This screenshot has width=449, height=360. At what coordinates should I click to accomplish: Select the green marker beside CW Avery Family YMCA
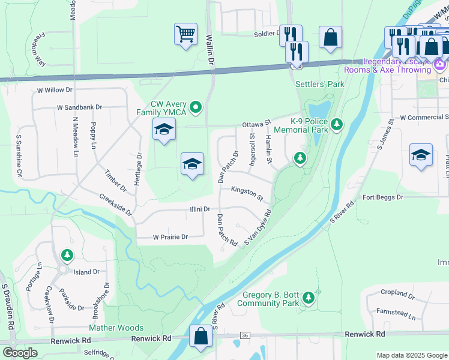coord(195,108)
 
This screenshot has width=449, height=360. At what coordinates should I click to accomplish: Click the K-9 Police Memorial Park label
coord(300,125)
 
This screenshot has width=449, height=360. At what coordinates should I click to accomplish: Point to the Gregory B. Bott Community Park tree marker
coord(309,298)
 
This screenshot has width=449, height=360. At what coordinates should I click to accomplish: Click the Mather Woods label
coord(116,328)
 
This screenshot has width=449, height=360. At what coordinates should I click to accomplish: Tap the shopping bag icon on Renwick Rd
coord(200,337)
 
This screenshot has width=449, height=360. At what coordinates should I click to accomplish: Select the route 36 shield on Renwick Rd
coord(244,335)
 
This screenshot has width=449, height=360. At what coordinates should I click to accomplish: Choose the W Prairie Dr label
coord(170,237)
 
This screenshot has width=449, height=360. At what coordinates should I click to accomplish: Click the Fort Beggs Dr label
coord(382,197)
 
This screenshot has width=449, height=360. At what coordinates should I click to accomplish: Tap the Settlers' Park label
coord(320,84)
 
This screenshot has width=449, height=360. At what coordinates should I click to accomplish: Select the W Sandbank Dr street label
coord(80,107)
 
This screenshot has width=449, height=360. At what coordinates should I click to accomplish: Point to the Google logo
coord(20,352)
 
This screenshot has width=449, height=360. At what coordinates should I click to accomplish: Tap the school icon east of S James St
coord(421,154)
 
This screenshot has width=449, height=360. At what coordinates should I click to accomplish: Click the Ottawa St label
coord(257,124)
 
